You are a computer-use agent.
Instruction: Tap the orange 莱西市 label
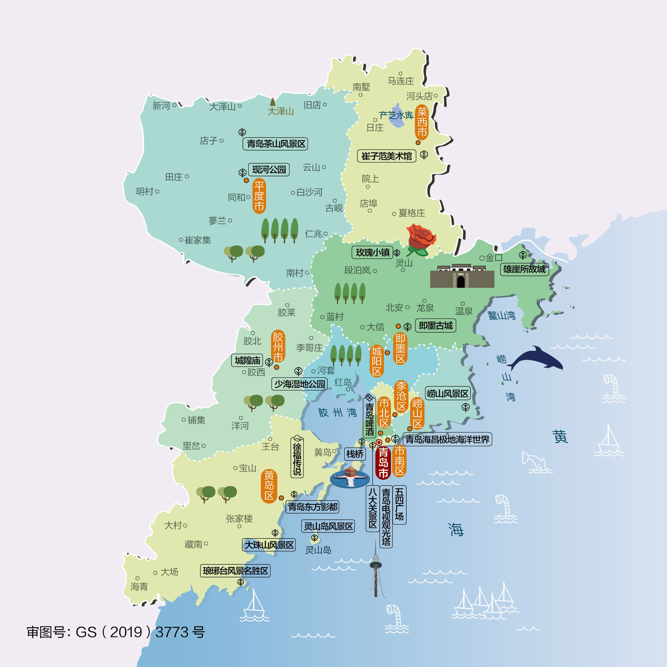point(422,122)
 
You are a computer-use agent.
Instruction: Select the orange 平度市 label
point(259,196)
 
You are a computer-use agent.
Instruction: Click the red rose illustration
point(421,240)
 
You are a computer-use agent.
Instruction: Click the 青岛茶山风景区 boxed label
point(275,144)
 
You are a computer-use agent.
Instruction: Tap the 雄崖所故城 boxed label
point(524,269)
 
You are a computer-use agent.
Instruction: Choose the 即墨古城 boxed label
point(435,325)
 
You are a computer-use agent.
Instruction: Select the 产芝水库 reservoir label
point(396,115)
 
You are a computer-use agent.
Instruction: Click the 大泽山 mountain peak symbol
point(272,102)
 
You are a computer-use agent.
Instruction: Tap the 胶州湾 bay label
point(337,412)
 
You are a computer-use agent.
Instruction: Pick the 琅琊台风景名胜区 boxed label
point(235,571)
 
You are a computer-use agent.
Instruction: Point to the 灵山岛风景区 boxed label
point(328,527)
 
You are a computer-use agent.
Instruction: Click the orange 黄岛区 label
point(269,486)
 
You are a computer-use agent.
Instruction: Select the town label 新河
point(161,106)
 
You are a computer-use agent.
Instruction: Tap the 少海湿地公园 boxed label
point(299,384)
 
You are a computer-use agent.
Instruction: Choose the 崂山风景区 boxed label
point(447,393)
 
